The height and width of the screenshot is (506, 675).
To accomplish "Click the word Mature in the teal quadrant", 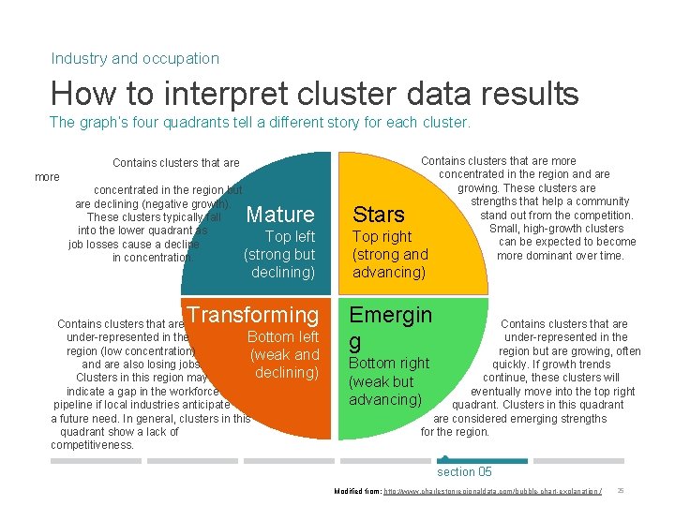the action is pos(279,215).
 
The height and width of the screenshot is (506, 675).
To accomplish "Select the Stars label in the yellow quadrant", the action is pos(378,216).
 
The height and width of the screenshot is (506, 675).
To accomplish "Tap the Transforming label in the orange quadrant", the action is pos(253,315).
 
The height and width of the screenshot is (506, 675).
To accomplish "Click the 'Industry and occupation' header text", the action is pos(135,58).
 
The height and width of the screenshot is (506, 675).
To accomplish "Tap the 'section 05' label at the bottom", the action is pos(464,471).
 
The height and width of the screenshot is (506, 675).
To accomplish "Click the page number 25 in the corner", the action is pos(622,492).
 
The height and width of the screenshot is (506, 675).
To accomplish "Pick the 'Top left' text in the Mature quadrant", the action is pos(290,236).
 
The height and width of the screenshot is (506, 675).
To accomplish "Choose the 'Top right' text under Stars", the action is pos(382,236).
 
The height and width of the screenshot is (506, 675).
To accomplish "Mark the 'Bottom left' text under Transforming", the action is pos(283,336).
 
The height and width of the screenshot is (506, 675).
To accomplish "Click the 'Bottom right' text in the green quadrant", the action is pos(388,363).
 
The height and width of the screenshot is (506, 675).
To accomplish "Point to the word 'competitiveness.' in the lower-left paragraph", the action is pos(93,445).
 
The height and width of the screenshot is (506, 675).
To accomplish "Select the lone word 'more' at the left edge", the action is pos(47,176).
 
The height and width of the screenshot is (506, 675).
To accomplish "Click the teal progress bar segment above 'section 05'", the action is pos(482,460).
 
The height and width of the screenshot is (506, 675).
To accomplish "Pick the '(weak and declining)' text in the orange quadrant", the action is pos(285,364).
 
